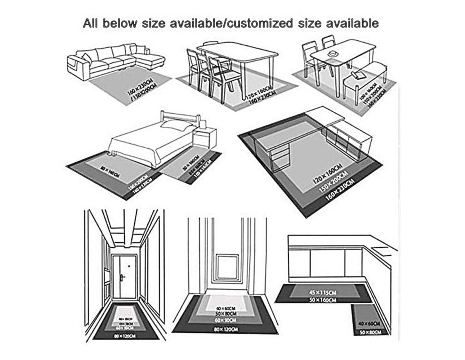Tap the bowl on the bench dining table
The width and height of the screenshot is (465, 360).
[x=333, y=53]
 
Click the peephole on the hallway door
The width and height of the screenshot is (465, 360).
[x=128, y=267]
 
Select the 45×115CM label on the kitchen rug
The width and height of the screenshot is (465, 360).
[x=323, y=292]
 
